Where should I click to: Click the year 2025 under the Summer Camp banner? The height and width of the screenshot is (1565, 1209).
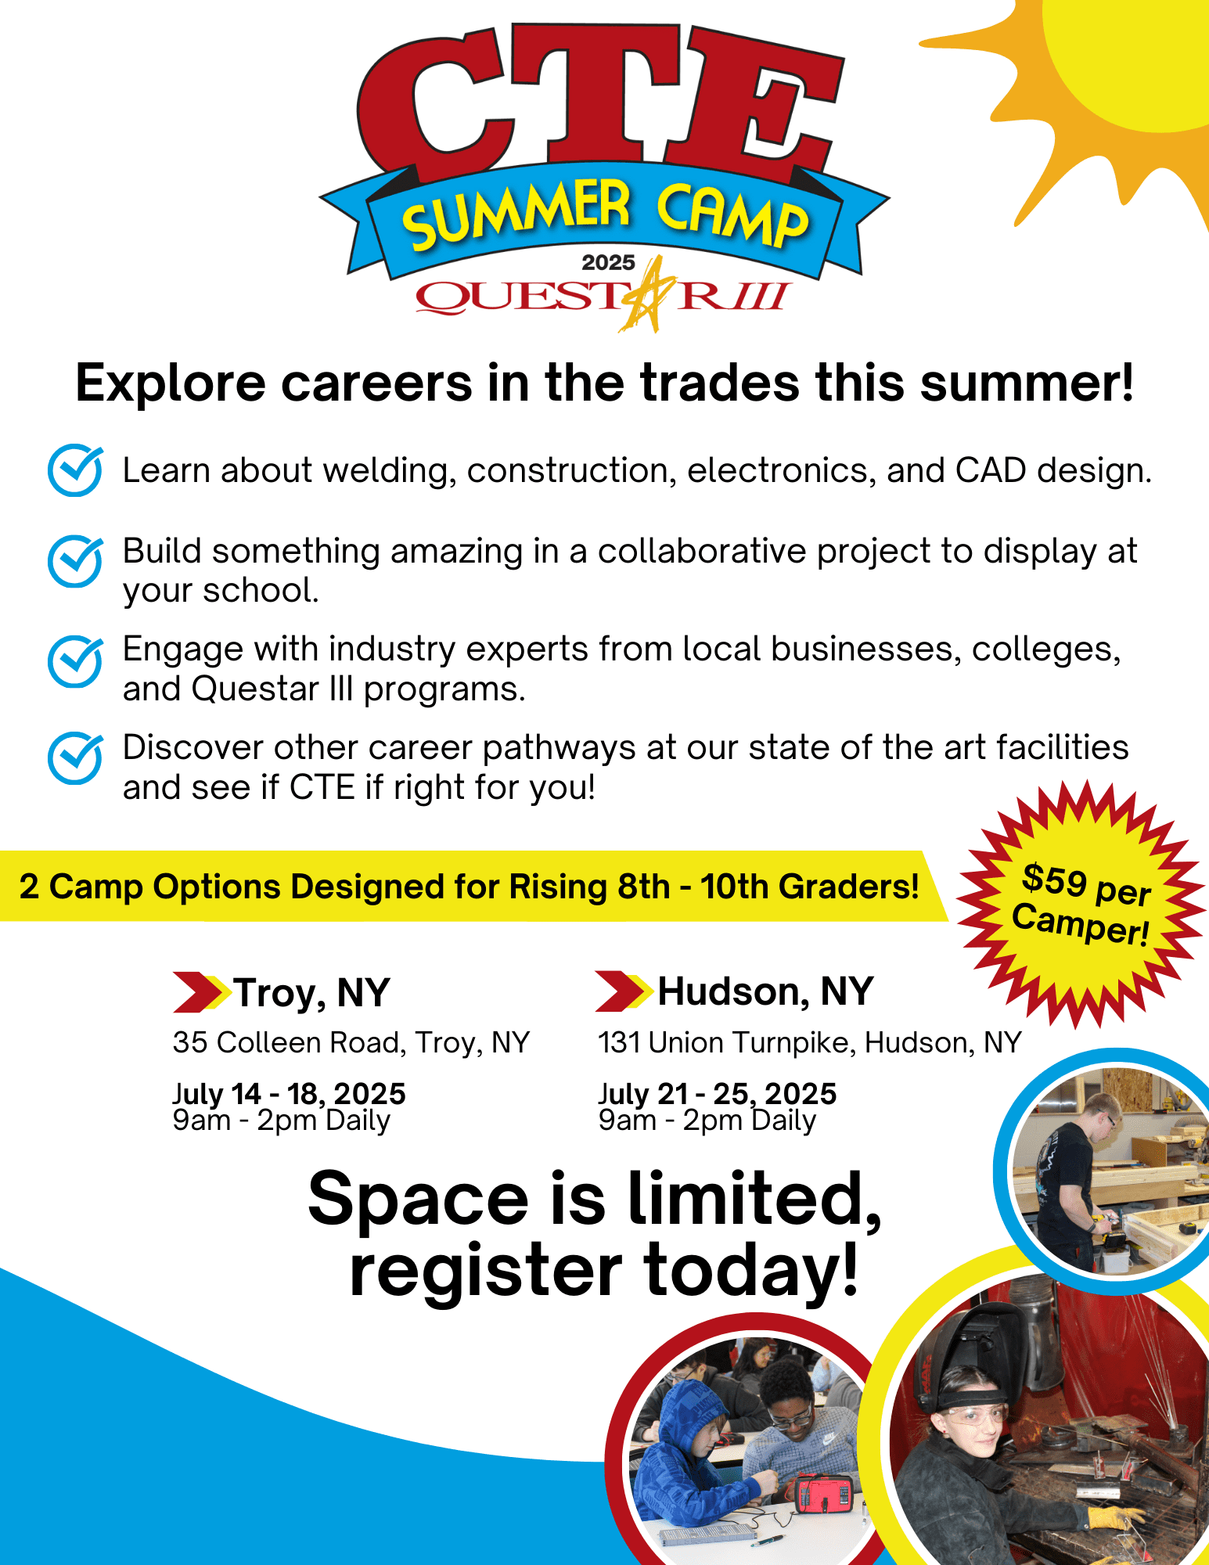[x=608, y=262]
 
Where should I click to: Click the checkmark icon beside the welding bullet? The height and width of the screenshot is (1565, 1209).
[x=75, y=470]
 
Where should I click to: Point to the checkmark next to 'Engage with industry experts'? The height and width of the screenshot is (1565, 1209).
[x=75, y=661]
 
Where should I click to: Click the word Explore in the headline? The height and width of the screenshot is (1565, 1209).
[x=171, y=383]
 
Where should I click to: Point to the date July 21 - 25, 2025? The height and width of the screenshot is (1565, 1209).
[x=718, y=1092]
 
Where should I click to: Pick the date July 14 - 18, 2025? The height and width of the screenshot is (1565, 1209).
[x=290, y=1092]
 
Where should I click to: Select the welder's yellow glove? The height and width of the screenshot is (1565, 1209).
[x=1116, y=1519]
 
